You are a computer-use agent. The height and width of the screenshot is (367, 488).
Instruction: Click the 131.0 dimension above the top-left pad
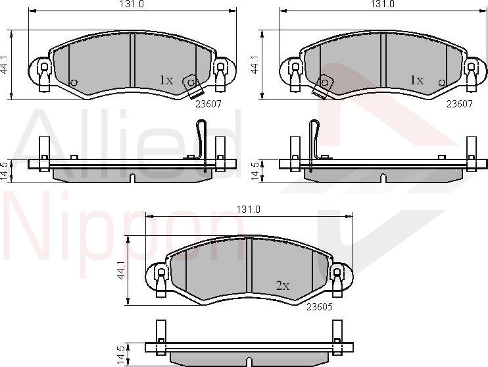132,4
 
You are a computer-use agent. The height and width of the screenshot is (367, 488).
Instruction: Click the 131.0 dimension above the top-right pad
383,4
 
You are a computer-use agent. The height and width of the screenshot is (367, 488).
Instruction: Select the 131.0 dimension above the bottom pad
248,210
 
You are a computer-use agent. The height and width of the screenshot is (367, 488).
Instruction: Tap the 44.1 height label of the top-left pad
5,65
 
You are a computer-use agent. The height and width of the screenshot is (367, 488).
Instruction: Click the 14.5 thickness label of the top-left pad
5,171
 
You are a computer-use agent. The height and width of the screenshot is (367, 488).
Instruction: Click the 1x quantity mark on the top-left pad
166,80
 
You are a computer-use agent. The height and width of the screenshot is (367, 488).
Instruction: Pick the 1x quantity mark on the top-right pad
417,80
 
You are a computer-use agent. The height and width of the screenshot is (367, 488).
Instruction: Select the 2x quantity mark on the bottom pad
283,285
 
